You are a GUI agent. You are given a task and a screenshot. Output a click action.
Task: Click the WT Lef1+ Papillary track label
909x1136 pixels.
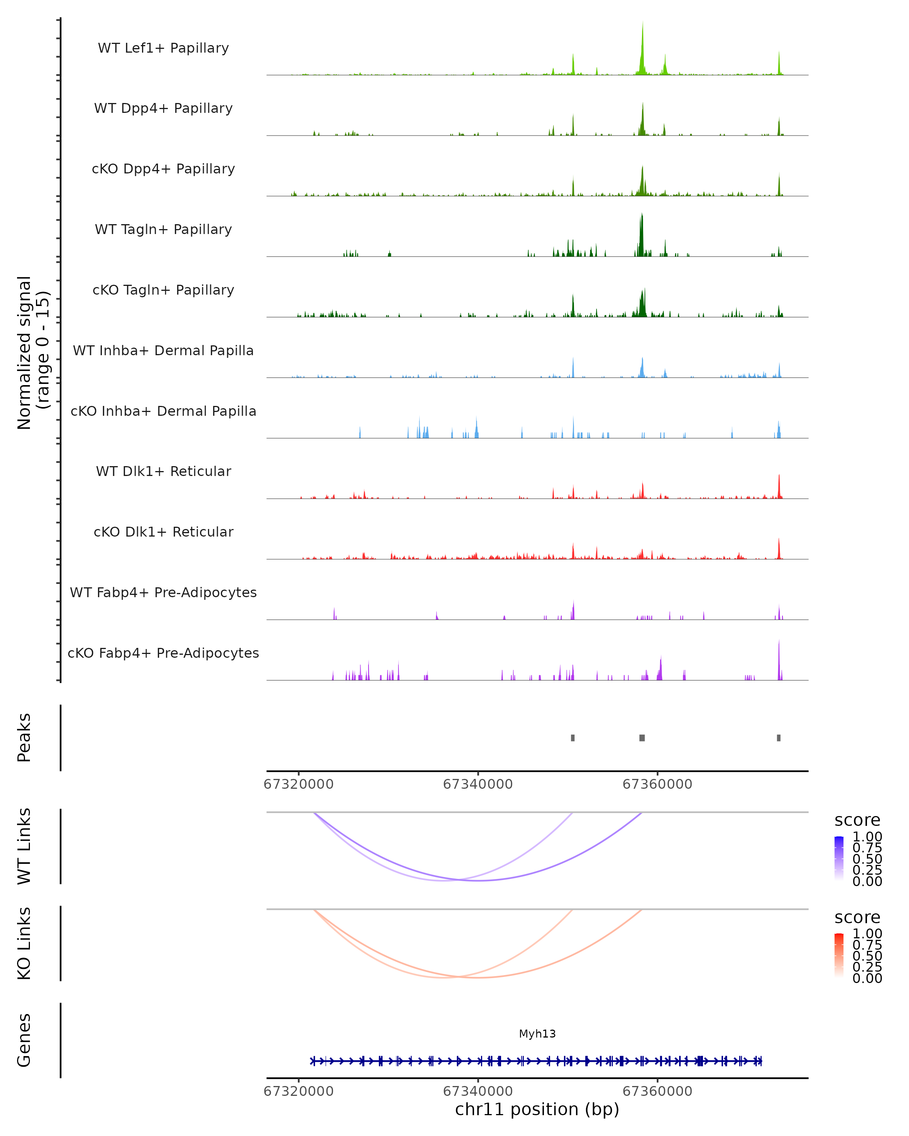163,48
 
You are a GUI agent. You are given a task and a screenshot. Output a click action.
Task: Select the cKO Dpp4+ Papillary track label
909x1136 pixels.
163,169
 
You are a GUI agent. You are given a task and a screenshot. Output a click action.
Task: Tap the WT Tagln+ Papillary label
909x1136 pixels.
163,230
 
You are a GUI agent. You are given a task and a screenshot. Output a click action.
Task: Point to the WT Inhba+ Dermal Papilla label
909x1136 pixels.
163,351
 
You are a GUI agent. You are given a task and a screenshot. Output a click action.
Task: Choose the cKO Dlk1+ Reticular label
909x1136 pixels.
163,532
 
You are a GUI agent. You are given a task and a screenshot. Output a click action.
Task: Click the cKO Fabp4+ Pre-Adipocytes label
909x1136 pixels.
163,653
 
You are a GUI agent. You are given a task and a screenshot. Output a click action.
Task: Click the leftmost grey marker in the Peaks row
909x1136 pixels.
573,738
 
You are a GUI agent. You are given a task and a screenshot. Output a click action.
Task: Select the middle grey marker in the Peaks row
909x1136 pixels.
642,738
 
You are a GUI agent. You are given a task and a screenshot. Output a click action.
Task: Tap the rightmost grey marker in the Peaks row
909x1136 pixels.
779,738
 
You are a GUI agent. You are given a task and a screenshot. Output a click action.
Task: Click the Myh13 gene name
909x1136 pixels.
537,1034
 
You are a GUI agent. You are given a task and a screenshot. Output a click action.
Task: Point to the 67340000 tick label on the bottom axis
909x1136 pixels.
478,1091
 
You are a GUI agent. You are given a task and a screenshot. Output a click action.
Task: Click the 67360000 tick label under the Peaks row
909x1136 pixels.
657,785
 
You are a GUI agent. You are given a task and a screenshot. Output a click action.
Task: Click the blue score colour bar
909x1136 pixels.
839,858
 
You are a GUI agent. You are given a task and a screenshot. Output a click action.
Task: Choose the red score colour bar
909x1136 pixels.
839,955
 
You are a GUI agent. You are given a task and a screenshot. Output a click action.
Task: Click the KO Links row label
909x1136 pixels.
24,944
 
